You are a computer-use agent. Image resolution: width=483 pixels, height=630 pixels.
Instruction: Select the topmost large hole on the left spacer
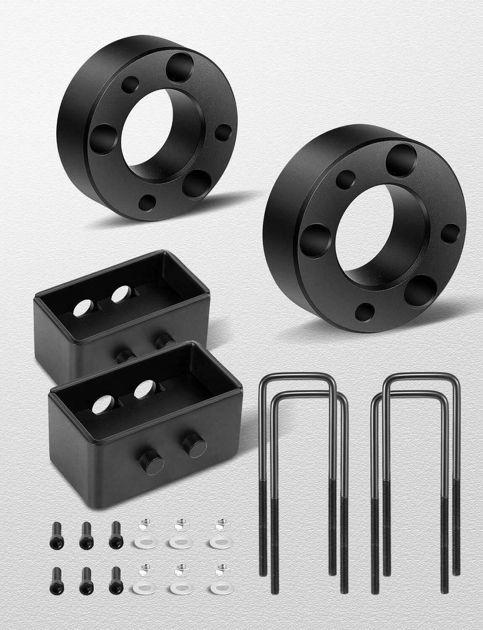coord(179,67)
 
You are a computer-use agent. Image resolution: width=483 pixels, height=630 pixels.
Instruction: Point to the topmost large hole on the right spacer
coord(401,159)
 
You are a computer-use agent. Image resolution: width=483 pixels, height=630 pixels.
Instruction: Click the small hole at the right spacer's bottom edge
coord(364,312)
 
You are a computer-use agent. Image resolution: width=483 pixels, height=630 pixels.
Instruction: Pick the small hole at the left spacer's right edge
coord(223,133)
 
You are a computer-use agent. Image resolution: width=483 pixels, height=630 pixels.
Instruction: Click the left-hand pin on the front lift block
coord(152,461)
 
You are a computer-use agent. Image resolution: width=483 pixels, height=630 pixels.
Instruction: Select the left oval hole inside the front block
coord(103,405)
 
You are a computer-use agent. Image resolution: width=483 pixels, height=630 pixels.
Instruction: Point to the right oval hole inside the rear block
coord(121,294)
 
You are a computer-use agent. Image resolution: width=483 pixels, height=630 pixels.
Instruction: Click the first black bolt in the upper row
coord(56,534)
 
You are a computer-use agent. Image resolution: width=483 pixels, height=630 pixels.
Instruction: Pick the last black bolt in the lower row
coord(115,581)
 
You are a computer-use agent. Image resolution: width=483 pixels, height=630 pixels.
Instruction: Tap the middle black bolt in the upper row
coord(86,534)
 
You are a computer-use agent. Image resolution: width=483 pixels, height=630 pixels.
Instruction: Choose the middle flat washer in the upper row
coord(181,543)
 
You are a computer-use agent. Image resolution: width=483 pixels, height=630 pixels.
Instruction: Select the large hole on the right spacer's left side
coord(315,240)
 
